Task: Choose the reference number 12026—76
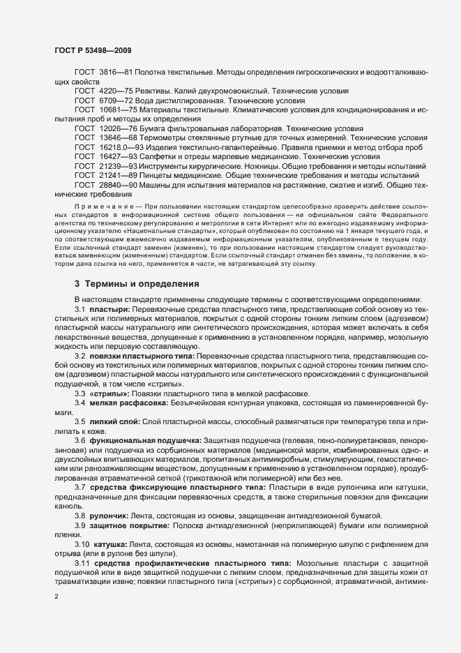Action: point(116,129)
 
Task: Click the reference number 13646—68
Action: point(116,138)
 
